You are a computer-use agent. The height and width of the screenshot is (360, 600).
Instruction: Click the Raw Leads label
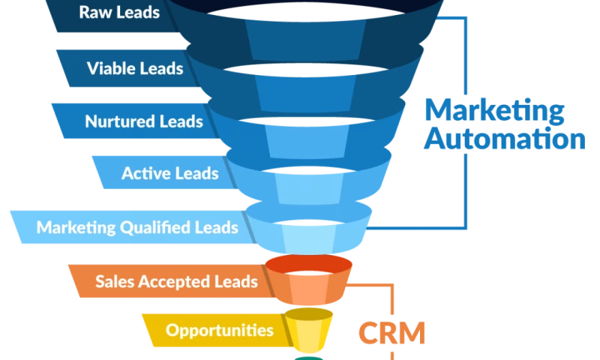(119, 13)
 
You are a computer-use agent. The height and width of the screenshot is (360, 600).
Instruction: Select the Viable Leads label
(135, 69)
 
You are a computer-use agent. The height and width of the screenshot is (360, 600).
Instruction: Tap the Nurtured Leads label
(143, 121)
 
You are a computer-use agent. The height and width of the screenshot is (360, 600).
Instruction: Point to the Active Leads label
(170, 174)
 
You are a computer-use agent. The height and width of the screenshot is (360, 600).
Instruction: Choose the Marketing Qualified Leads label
(137, 227)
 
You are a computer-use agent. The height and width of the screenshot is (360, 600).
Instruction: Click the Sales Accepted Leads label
(176, 282)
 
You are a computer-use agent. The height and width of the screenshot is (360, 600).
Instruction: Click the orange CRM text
(391, 332)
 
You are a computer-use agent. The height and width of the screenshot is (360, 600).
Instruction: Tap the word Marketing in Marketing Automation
(492, 111)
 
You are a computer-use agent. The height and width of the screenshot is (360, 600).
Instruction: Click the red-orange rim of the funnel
(309, 264)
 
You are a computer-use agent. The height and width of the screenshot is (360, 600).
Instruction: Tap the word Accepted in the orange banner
(176, 282)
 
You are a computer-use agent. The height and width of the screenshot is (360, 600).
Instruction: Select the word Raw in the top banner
(95, 13)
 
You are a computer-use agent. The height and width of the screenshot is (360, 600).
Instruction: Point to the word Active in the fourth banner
(145, 174)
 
